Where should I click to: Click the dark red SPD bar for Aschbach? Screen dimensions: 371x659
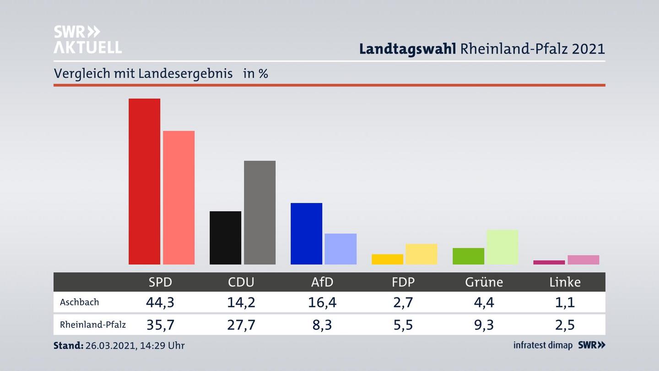point(144,181)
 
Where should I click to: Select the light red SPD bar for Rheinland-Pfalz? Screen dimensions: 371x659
point(178,197)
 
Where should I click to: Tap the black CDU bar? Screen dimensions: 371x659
point(225,238)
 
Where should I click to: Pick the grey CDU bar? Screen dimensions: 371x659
point(259,213)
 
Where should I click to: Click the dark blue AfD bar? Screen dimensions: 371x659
point(306,234)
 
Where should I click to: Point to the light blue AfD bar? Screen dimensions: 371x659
point(340,249)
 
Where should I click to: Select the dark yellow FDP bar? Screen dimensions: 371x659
point(387,259)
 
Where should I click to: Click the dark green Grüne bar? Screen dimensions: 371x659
point(468,256)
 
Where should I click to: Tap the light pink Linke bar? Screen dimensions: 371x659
point(583,260)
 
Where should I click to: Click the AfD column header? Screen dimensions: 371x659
point(322,282)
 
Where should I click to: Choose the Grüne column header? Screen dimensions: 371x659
point(484,282)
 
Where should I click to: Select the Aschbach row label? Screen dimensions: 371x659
point(79,302)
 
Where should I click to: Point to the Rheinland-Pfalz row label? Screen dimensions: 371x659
point(93,325)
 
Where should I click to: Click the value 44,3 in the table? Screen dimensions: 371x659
point(160,302)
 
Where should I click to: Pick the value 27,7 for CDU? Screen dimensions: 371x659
point(241,325)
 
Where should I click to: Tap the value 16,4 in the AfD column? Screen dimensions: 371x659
point(322,302)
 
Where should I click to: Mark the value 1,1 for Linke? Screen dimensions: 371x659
point(565,302)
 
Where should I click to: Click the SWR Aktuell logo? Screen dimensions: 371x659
point(87,39)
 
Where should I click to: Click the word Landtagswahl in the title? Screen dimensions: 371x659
point(407,49)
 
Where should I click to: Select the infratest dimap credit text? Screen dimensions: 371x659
point(543,345)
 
